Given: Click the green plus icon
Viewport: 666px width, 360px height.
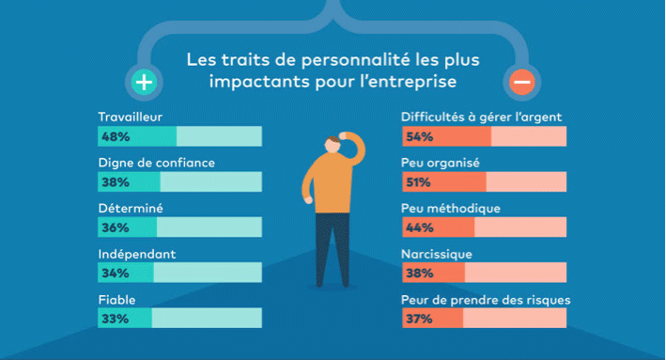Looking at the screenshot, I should tap(144, 82).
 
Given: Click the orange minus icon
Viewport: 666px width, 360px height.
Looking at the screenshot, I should tap(522, 82).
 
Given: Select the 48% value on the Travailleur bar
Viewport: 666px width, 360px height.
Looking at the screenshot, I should tap(115, 137).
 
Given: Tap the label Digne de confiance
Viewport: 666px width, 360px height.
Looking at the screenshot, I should tap(157, 163).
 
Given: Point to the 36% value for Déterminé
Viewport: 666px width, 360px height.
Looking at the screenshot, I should tap(115, 228).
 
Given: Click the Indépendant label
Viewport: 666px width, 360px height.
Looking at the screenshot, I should tap(137, 254).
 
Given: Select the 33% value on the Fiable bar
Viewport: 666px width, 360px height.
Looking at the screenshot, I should tap(115, 320).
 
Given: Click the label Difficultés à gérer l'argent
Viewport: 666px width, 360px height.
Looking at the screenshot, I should tap(482, 117).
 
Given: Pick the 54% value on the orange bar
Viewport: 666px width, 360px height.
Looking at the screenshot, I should tap(419, 137).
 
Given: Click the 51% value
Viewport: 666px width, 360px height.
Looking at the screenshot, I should tap(419, 182).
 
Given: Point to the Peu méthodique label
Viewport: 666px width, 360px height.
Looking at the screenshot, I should tap(450, 208).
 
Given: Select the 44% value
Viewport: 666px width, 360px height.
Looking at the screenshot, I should tap(419, 228).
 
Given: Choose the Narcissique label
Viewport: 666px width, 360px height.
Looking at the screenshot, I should tap(436, 254).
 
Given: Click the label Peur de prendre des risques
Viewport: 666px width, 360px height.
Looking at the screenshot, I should tap(486, 300).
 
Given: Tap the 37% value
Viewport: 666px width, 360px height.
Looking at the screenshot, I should tap(419, 320).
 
